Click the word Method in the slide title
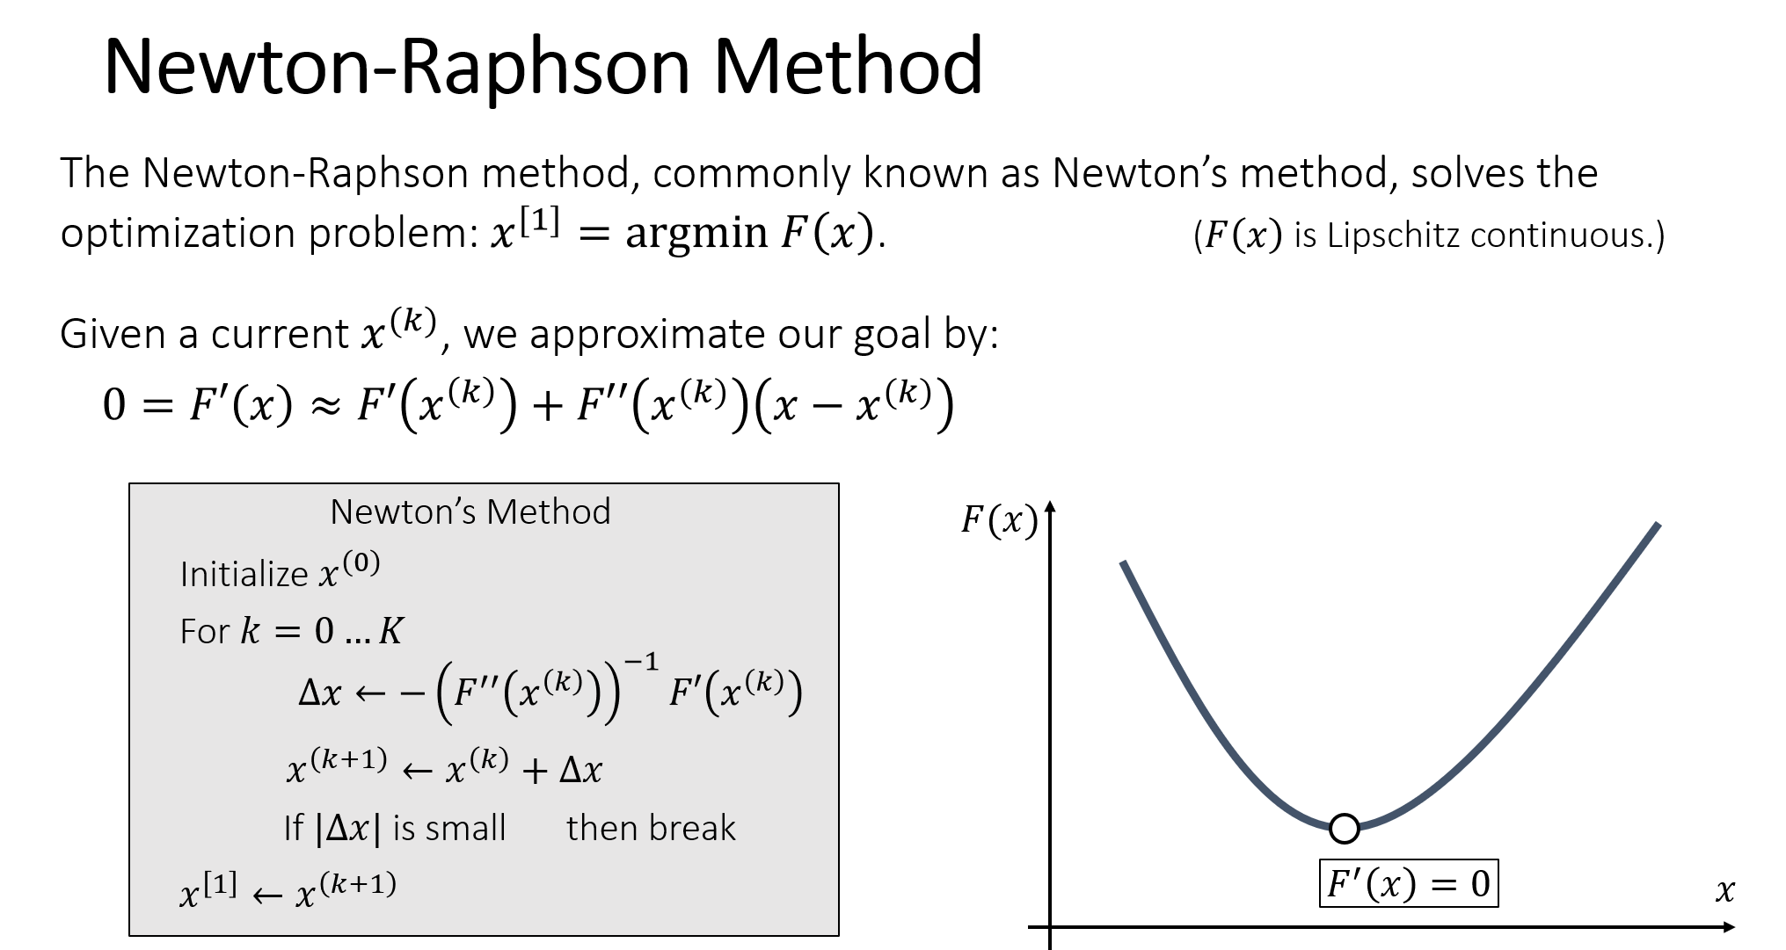tap(848, 66)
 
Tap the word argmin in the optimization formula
tap(696, 234)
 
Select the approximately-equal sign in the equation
tap(325, 407)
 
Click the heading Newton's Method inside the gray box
tap(470, 511)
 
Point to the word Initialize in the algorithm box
tap(244, 575)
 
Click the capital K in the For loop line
tap(390, 631)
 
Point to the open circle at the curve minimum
tap(1344, 828)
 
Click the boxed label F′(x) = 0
tap(1409, 883)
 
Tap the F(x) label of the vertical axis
tap(999, 521)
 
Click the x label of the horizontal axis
tap(1724, 891)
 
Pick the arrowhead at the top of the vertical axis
tap(1050, 507)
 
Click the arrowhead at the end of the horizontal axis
tap(1729, 927)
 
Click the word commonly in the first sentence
tap(751, 174)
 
